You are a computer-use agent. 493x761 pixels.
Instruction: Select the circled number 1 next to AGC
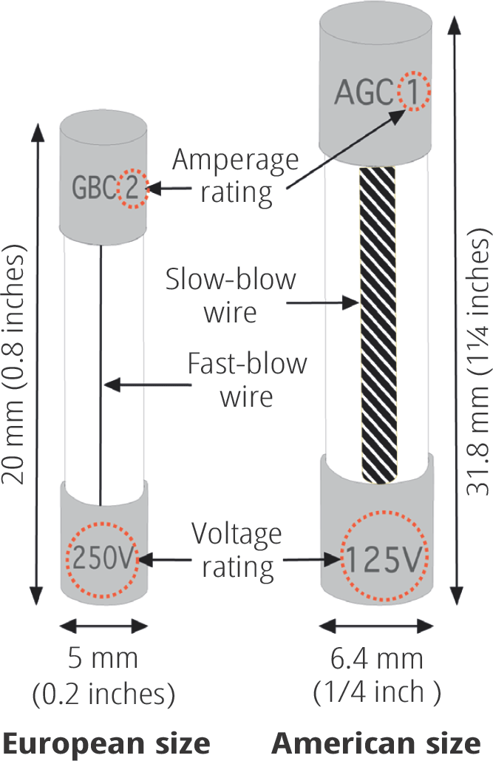[x=413, y=92]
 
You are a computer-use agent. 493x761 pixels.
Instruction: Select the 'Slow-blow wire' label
[x=231, y=295]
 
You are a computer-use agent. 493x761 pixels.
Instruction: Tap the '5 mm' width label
[x=103, y=658]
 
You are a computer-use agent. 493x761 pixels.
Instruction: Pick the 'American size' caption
[x=376, y=743]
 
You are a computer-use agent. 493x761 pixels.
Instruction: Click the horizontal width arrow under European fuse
[x=103, y=626]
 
